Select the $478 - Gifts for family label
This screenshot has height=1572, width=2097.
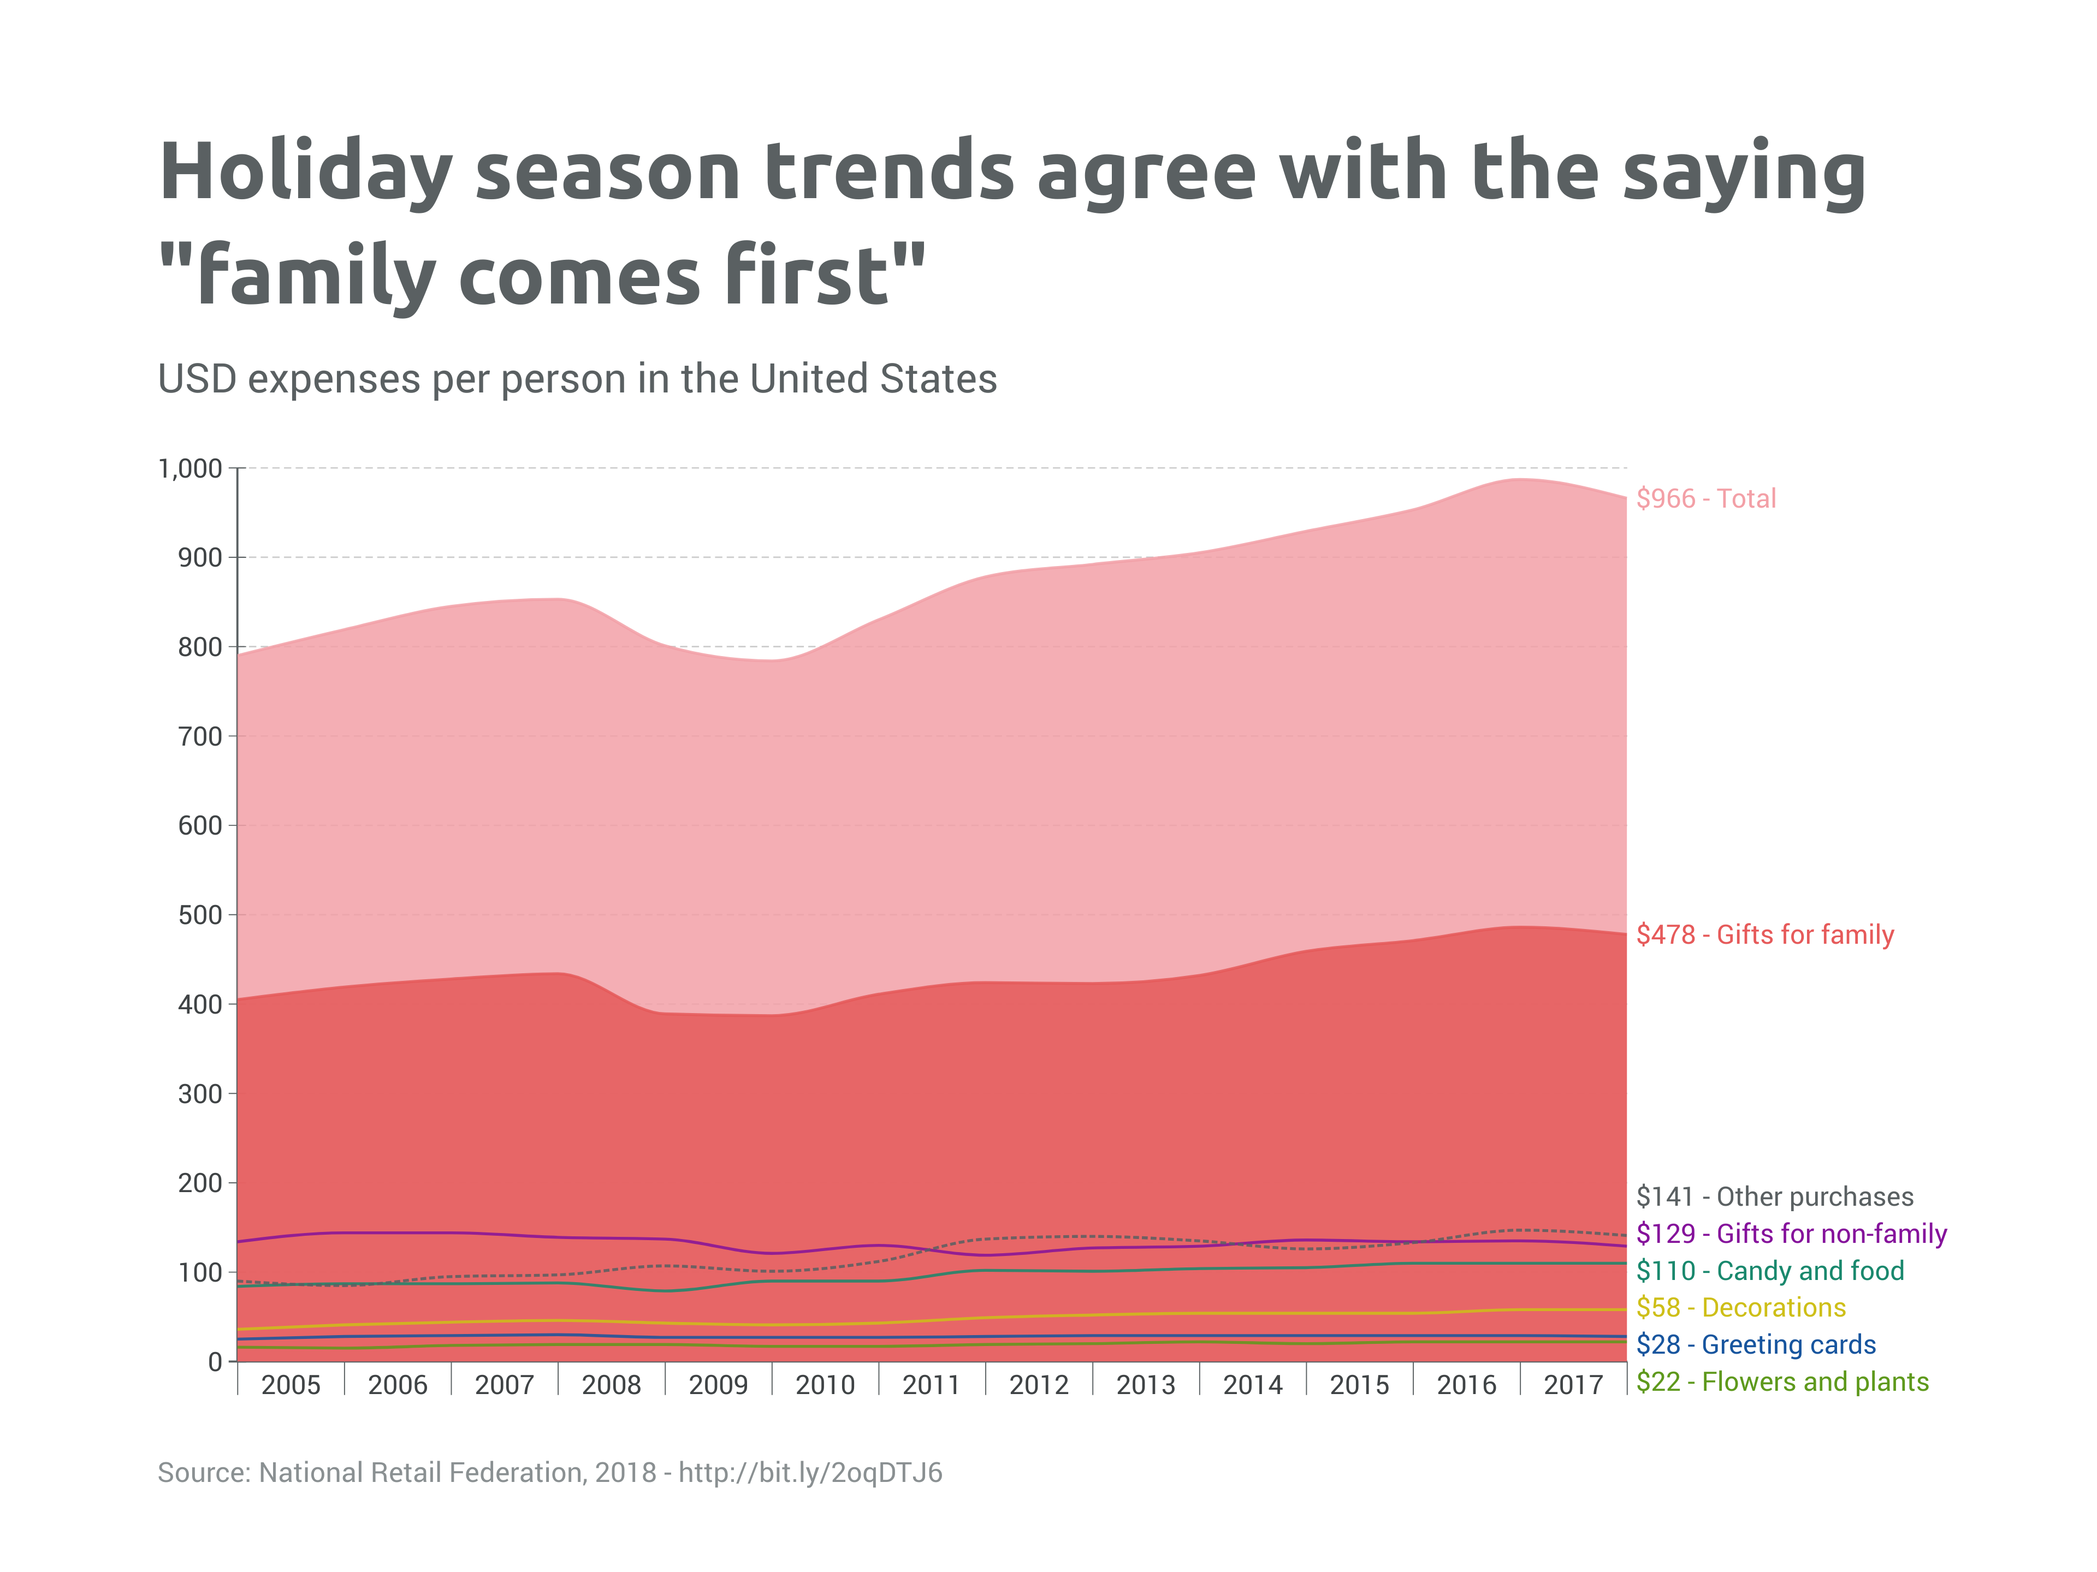point(1764,934)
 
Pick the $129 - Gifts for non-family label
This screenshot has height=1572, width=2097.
point(1791,1233)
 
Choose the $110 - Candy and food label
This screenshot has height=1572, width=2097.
point(1769,1271)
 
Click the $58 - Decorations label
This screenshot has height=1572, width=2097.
point(1740,1308)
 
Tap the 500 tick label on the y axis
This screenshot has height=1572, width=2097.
point(199,915)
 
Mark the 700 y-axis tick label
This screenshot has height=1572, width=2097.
point(199,736)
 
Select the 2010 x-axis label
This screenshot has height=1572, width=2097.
point(825,1385)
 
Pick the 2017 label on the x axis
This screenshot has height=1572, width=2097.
point(1573,1385)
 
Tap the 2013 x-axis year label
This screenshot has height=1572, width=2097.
point(1145,1385)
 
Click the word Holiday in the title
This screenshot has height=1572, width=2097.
point(305,172)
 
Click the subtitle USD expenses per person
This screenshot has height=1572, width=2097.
point(576,379)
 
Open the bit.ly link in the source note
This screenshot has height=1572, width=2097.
point(810,1473)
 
